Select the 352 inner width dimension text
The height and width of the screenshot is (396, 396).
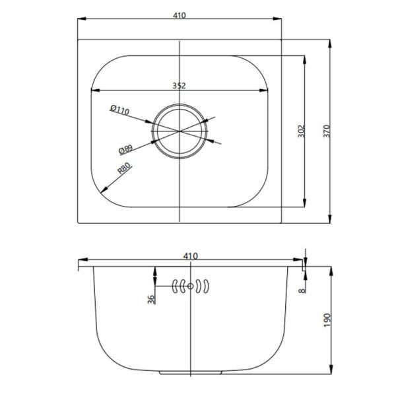(180, 85)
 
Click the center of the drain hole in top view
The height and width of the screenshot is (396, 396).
(180, 131)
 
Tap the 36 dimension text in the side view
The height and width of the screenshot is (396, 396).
(151, 299)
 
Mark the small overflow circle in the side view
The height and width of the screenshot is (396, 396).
(191, 286)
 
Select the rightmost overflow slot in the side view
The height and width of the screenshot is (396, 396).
(207, 286)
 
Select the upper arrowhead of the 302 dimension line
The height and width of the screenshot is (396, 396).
(304, 58)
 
